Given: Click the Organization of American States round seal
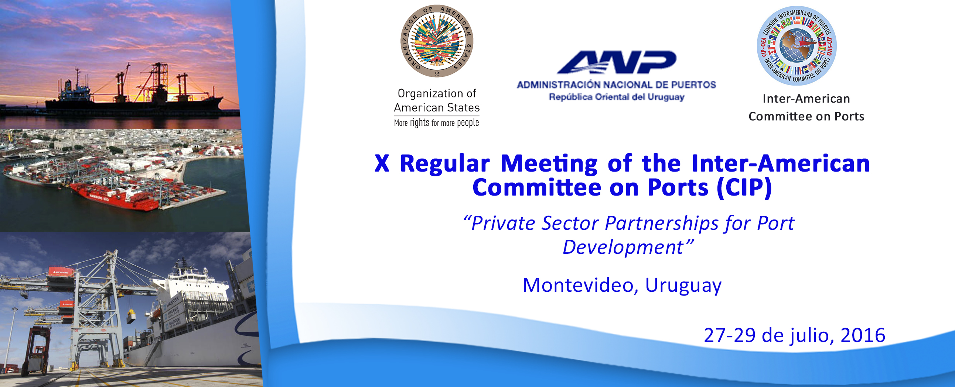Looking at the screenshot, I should (437, 41).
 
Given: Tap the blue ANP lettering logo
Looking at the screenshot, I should (616, 62).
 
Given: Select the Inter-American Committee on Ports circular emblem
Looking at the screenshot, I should (797, 45).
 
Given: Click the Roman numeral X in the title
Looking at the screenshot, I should (382, 163).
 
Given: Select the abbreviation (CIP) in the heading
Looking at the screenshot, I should (744, 187).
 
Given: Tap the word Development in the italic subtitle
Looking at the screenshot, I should (623, 247).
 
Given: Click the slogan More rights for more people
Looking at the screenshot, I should (436, 122).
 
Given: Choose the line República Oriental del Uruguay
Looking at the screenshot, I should (616, 97).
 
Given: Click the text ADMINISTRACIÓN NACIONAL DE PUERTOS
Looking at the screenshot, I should (616, 85).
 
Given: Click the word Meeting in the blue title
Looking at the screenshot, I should (549, 163).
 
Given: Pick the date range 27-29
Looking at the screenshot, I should (729, 335).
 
